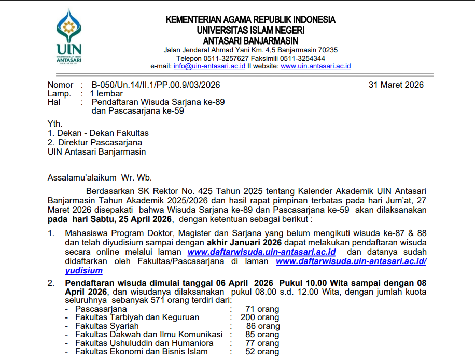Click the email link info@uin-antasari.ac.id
point(209,66)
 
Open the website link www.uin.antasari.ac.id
point(316,66)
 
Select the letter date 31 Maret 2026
point(396,85)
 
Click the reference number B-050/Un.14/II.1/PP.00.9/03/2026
point(156,85)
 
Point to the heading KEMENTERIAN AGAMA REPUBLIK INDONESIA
point(250,20)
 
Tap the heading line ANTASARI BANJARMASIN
point(250,40)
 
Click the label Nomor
point(60,85)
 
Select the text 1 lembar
point(107,94)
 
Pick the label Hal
point(54,102)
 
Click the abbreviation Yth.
point(54,124)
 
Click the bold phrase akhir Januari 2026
point(244,243)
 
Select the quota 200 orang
point(260,317)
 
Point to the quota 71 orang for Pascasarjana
point(262,309)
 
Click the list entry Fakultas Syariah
point(107,326)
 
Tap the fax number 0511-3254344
point(304,58)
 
